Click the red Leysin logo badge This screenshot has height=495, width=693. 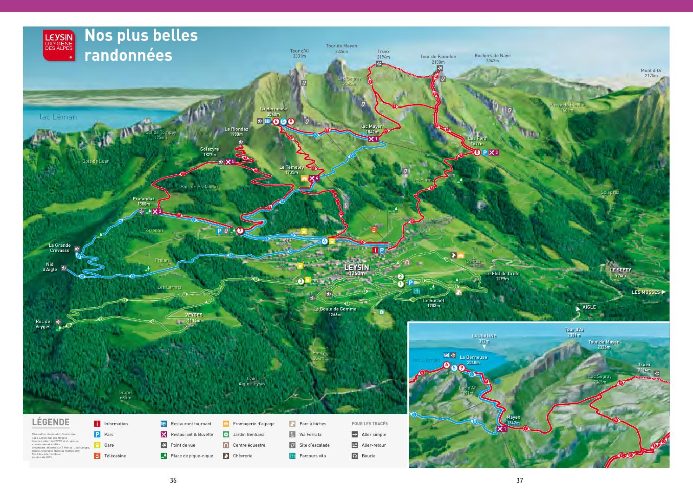coord(59,45)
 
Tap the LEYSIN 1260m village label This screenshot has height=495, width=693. coord(357,270)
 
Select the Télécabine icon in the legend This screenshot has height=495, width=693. coord(97,456)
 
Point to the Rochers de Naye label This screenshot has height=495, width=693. coord(492,58)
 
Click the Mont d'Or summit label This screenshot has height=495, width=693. coord(651,73)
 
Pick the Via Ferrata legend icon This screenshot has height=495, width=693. coord(292,435)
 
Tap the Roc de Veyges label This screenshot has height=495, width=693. coord(43,324)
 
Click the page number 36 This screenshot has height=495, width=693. coord(173,481)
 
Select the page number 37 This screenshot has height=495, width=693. coord(520,481)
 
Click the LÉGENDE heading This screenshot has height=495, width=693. coord(51,422)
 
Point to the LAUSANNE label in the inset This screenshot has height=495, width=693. coord(484,338)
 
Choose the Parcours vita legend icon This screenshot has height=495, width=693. coord(292,456)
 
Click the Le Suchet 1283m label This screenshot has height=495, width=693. coord(433,303)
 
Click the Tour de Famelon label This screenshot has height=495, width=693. coord(438,59)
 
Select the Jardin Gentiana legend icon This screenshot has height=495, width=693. coord(226,435)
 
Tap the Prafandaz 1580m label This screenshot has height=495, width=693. coord(144,201)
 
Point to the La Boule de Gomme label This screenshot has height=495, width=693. coord(334,311)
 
